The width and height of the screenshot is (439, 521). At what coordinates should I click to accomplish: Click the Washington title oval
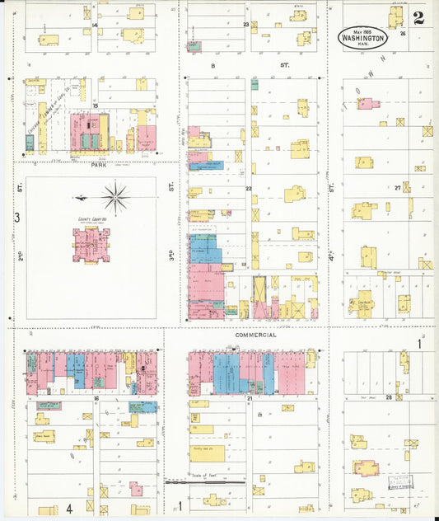[361, 36]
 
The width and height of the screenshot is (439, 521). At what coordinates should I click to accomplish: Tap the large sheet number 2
[418, 19]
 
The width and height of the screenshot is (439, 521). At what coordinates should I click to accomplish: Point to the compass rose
[115, 198]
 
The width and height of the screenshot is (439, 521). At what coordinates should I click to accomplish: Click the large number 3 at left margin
[16, 218]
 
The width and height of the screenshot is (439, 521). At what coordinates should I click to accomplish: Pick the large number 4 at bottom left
[69, 507]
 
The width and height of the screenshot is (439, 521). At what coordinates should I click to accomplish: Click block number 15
[96, 106]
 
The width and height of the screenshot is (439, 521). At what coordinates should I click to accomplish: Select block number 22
[247, 189]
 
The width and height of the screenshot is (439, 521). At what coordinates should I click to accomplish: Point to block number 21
[248, 398]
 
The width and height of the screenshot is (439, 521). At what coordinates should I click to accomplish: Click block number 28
[399, 397]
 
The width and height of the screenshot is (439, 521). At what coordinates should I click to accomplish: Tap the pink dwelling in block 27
[366, 104]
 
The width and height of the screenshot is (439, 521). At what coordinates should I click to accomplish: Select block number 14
[96, 26]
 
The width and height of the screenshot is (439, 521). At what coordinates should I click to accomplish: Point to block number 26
[404, 35]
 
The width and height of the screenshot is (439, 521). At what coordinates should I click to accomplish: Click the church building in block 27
[362, 303]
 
